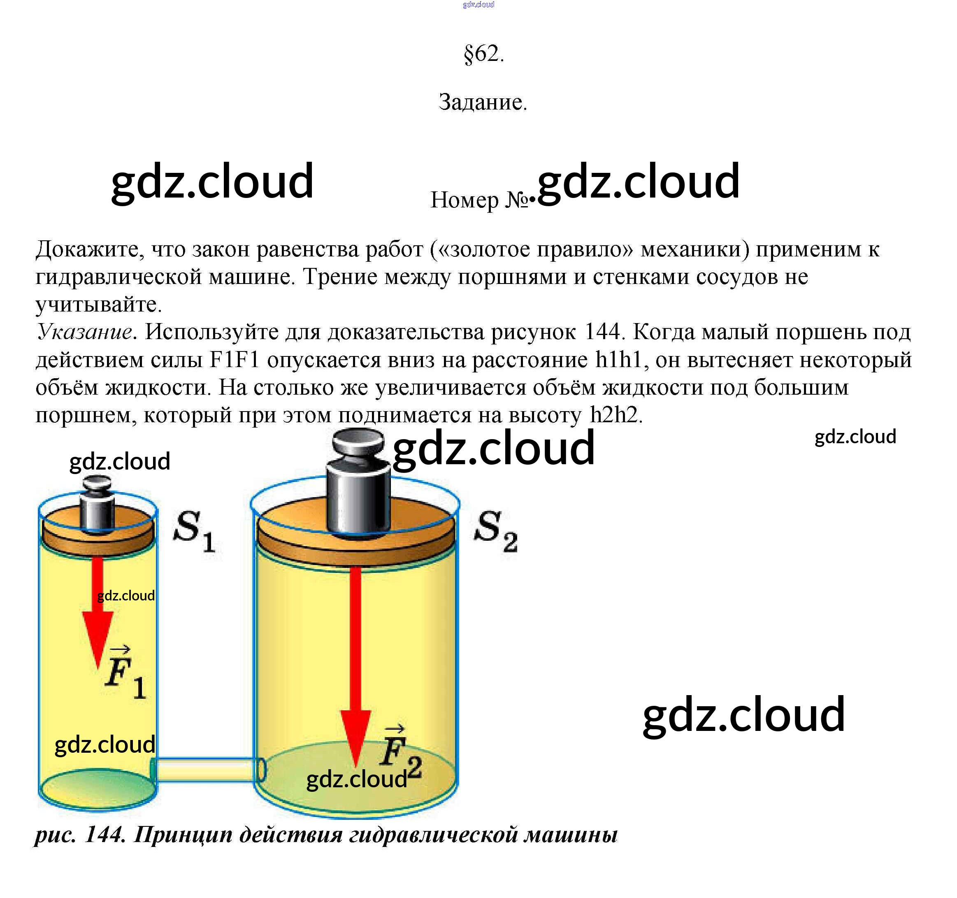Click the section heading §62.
click(483, 54)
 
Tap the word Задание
click(482, 102)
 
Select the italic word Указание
click(85, 332)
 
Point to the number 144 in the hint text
click(602, 332)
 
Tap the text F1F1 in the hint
click(235, 360)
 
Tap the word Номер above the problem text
click(464, 200)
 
